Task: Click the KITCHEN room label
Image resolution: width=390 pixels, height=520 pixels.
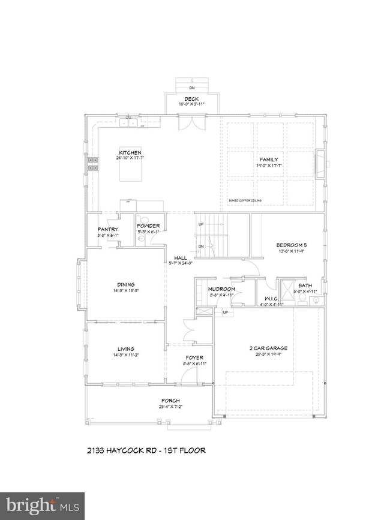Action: [x=130, y=152]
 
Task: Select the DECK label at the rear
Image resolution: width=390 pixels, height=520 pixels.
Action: [x=191, y=99]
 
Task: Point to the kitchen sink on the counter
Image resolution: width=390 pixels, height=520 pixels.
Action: [x=129, y=124]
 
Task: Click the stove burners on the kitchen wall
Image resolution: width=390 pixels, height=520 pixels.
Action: [x=94, y=164]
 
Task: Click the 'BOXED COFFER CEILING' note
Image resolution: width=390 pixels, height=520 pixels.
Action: [x=245, y=201]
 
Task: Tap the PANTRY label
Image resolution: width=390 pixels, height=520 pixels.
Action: [x=107, y=230]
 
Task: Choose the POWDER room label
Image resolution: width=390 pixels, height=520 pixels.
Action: [x=148, y=226]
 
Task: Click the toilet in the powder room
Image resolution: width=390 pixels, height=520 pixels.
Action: [x=141, y=239]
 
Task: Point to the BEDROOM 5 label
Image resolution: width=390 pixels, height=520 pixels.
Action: [x=292, y=245]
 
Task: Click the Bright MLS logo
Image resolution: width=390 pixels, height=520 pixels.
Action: [x=41, y=505]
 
